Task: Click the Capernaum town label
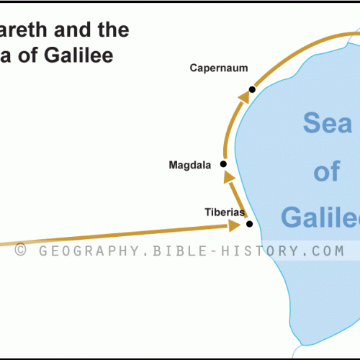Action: pyautogui.click(x=219, y=68)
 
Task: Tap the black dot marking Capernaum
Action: pyautogui.click(x=252, y=90)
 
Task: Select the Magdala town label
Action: pyautogui.click(x=189, y=165)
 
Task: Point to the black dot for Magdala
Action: pyautogui.click(x=223, y=164)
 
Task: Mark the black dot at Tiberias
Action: pyautogui.click(x=249, y=224)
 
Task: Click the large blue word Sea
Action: pyautogui.click(x=328, y=124)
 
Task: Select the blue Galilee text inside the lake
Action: pyautogui.click(x=320, y=217)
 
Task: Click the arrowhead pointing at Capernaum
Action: pyautogui.click(x=243, y=96)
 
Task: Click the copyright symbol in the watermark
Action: pyautogui.click(x=21, y=251)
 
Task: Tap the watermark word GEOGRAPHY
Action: pyautogui.click(x=87, y=251)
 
